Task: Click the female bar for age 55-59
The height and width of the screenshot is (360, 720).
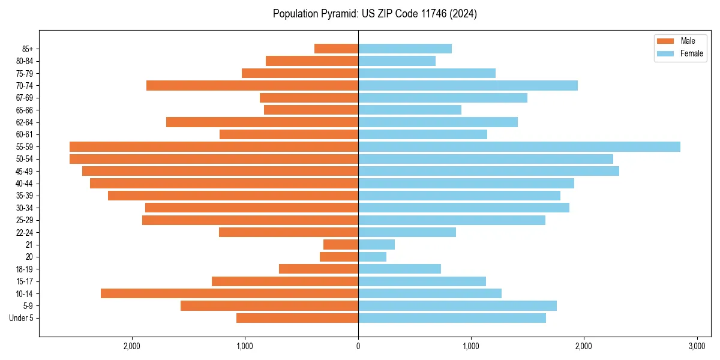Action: [x=519, y=146]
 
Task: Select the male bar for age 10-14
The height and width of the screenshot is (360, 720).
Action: [x=229, y=293]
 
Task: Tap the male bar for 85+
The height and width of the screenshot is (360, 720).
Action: [x=336, y=49]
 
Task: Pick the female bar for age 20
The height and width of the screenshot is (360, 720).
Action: [x=372, y=257]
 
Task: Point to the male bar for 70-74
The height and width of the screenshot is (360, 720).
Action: [x=252, y=85]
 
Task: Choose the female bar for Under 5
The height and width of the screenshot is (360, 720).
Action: [x=452, y=318]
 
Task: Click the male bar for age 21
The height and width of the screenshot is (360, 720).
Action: [x=341, y=244]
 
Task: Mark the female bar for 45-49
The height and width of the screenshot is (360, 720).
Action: [x=488, y=171]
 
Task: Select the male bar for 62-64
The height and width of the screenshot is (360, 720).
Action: [x=262, y=122]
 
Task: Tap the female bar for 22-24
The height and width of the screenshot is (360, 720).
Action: [x=407, y=232]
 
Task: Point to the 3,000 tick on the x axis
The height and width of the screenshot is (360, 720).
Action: [x=697, y=346]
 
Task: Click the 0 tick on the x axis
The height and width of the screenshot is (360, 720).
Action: [x=358, y=346]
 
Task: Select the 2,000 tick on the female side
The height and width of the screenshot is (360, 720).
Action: [x=584, y=346]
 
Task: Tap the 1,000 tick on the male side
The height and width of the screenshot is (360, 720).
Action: [x=245, y=346]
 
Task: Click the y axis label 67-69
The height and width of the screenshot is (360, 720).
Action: [x=25, y=98]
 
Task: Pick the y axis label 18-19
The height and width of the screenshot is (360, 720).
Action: [x=25, y=269]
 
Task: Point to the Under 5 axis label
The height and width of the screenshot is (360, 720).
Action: [x=22, y=318]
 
